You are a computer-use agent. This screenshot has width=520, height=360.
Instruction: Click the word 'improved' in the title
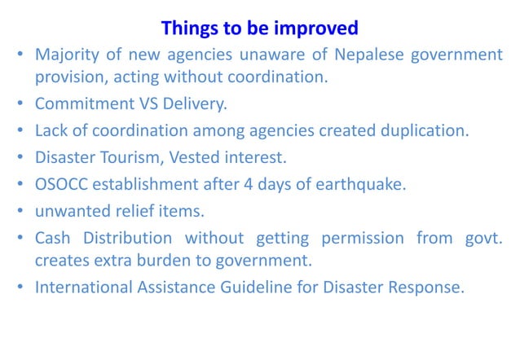click(319, 28)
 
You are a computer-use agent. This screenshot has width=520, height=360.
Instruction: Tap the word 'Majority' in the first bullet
click(66, 55)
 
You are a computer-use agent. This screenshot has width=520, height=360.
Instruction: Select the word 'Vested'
click(192, 157)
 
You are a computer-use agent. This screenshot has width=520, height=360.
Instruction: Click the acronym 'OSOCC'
click(63, 183)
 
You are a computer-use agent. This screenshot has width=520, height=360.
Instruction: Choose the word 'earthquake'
click(366, 183)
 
